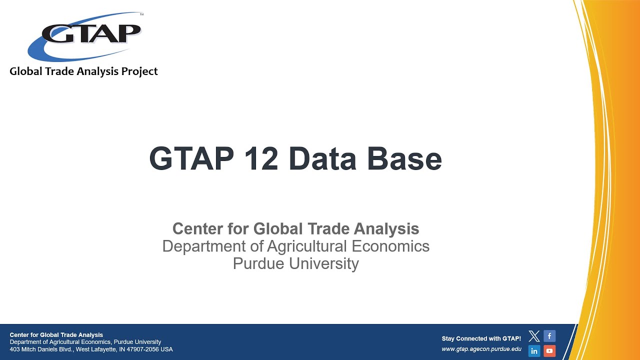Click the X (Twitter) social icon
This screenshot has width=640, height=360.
tap(534, 336)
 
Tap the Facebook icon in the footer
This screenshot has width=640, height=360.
tap(549, 336)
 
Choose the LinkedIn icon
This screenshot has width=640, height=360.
tap(534, 351)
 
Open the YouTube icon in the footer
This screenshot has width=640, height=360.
tap(549, 351)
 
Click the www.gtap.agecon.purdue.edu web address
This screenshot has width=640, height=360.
tap(481, 349)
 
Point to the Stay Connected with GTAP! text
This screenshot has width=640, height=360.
tap(481, 338)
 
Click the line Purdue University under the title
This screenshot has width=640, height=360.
tap(295, 263)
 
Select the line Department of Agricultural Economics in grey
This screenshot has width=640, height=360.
tap(295, 246)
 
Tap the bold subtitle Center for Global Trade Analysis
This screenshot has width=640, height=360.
tap(295, 228)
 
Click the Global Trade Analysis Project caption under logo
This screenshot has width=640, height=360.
tap(83, 71)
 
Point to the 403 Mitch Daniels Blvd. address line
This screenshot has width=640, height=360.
tap(91, 349)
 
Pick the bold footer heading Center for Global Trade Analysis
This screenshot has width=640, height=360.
tap(56, 335)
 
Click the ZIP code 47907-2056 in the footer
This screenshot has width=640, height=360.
tap(144, 349)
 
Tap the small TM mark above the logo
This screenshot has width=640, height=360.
tap(141, 15)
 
